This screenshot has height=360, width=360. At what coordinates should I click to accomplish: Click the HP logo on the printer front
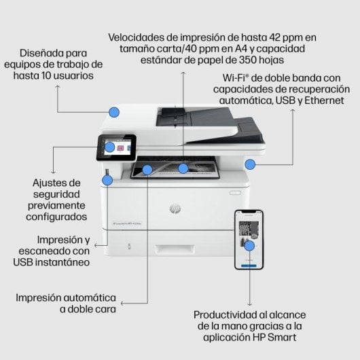coord(175,209)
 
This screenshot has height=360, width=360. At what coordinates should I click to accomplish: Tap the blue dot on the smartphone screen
coord(250,246)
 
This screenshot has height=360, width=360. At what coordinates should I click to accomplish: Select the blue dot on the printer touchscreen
coord(109,146)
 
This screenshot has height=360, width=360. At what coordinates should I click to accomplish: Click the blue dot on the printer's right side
coord(251,164)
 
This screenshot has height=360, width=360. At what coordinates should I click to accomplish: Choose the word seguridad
coord(56,194)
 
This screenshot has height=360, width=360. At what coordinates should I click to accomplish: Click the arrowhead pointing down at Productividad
coord(250,304)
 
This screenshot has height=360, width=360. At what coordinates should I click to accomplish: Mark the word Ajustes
coord(56,183)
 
